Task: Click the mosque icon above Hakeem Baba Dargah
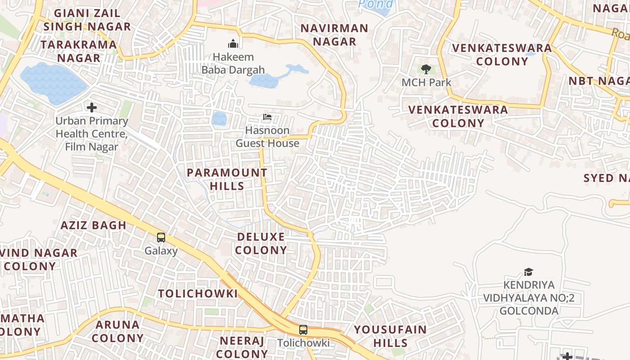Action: (233, 44)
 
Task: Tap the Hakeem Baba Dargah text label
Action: (233, 63)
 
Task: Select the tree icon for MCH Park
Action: (426, 69)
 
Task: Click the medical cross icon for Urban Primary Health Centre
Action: (92, 108)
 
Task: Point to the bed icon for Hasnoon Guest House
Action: (267, 117)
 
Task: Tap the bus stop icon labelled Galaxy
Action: (161, 237)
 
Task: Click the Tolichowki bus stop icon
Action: (303, 329)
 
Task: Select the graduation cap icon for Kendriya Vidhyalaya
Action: (528, 272)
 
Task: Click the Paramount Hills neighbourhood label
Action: (227, 179)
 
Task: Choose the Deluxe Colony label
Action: (261, 243)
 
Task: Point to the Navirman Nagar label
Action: (334, 35)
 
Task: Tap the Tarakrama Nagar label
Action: (79, 51)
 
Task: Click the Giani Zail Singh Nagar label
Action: (87, 20)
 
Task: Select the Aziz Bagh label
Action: (94, 225)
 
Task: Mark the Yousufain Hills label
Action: (390, 336)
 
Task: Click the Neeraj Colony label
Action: (242, 347)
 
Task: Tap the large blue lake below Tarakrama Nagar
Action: (53, 83)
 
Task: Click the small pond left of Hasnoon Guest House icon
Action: (219, 119)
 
